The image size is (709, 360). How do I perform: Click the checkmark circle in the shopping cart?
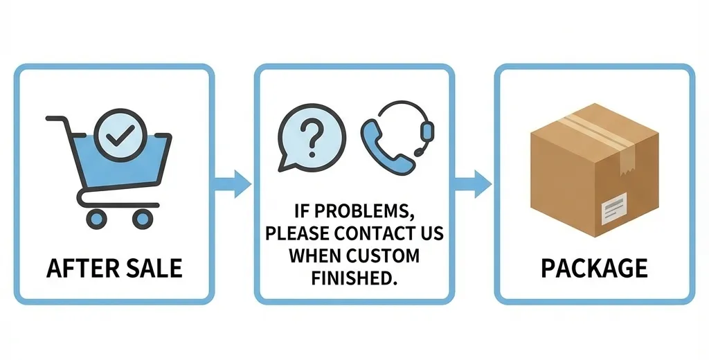119,134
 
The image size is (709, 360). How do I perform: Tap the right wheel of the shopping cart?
143,218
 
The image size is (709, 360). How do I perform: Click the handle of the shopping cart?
57,120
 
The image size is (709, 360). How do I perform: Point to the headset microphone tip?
418,152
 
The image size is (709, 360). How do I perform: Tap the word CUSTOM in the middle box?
384,256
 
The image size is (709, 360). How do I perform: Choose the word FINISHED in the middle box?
354,278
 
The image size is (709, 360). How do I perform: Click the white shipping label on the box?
614,210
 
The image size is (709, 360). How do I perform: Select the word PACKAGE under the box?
594,268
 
